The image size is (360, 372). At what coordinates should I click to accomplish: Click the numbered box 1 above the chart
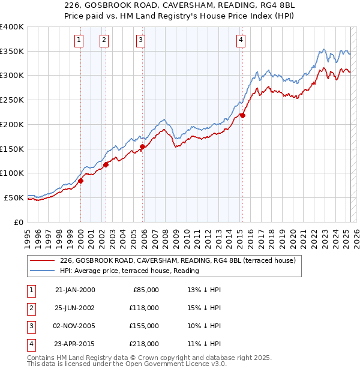pyautogui.click(x=79, y=40)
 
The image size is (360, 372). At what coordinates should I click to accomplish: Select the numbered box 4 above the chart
pyautogui.click(x=240, y=40)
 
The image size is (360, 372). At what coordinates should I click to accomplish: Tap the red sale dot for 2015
pyautogui.click(x=242, y=115)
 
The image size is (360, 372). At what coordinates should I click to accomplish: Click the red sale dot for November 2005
pyautogui.click(x=142, y=146)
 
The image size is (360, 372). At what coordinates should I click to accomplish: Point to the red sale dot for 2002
pyautogui.click(x=106, y=164)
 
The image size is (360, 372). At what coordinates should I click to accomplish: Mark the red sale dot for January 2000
pyautogui.click(x=80, y=181)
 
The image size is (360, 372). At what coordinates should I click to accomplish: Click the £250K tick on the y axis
pyautogui.click(x=12, y=100)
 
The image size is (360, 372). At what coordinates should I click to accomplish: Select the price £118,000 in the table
pyautogui.click(x=145, y=308)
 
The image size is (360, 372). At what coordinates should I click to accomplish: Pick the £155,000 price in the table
pyautogui.click(x=145, y=326)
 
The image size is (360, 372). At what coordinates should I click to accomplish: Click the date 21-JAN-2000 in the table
pyautogui.click(x=74, y=290)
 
